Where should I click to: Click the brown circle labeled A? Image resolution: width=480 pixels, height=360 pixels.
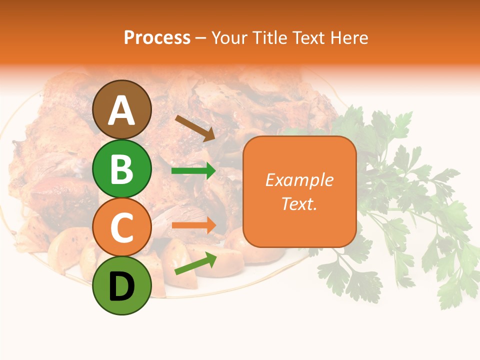pos(122,109)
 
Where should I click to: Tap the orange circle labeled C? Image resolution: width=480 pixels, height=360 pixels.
pos(122,227)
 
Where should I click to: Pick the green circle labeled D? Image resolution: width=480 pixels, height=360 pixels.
pos(122,286)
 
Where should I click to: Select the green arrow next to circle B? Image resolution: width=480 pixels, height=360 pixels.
pos(194,171)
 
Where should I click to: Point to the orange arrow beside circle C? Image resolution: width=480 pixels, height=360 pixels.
pos(194,225)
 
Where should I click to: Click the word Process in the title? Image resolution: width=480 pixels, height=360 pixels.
pos(157,37)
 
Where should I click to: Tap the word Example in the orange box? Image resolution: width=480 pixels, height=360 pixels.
pos(299,180)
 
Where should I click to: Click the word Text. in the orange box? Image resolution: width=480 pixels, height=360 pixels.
pos(299,203)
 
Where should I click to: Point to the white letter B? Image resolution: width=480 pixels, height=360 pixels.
pos(122,169)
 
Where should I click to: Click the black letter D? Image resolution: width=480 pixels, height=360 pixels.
pos(122,286)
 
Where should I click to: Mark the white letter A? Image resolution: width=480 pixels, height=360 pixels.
pos(122,110)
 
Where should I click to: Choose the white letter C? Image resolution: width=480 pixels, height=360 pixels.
pos(122,228)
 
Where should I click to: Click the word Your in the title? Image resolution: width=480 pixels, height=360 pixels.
pos(228,37)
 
